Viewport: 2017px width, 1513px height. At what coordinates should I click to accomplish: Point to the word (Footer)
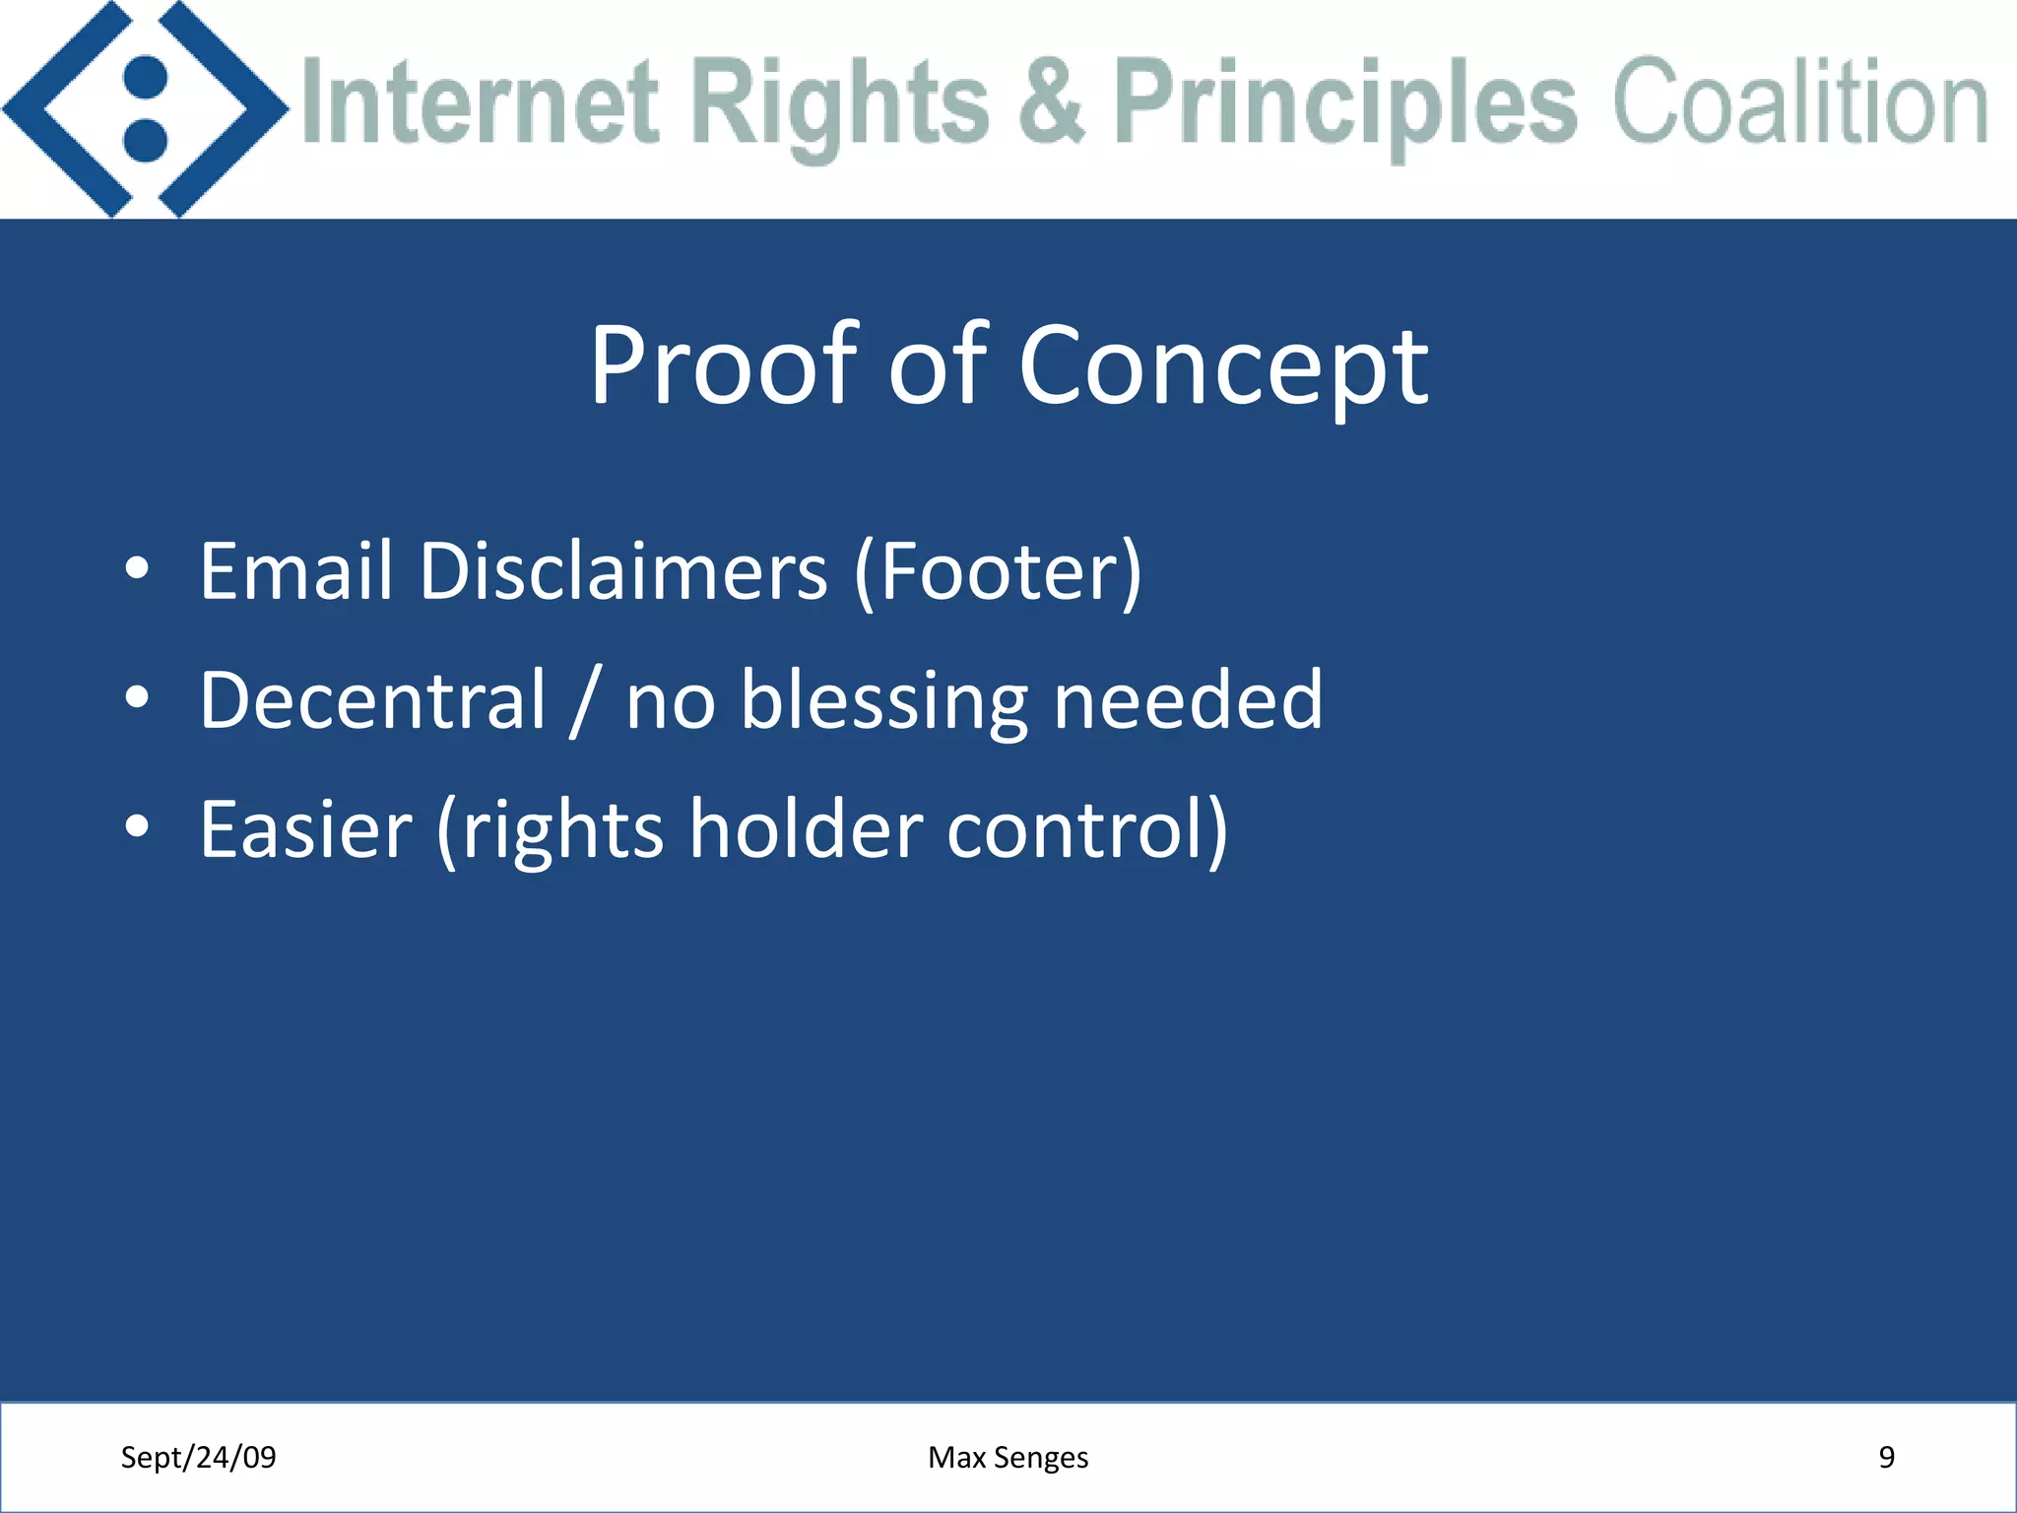pyautogui.click(x=998, y=572)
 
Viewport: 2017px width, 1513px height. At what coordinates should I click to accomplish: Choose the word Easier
pyautogui.click(x=305, y=829)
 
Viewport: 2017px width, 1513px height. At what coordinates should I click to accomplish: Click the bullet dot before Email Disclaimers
pyautogui.click(x=137, y=568)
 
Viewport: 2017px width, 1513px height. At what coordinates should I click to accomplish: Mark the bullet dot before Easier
pyautogui.click(x=137, y=827)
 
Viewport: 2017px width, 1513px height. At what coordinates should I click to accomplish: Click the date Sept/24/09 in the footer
pyautogui.click(x=198, y=1457)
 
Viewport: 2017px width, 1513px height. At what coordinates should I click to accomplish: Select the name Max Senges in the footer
pyautogui.click(x=1008, y=1457)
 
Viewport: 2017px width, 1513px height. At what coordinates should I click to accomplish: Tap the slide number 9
pyautogui.click(x=1886, y=1457)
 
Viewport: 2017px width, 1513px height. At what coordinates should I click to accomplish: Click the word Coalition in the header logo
pyautogui.click(x=1800, y=101)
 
